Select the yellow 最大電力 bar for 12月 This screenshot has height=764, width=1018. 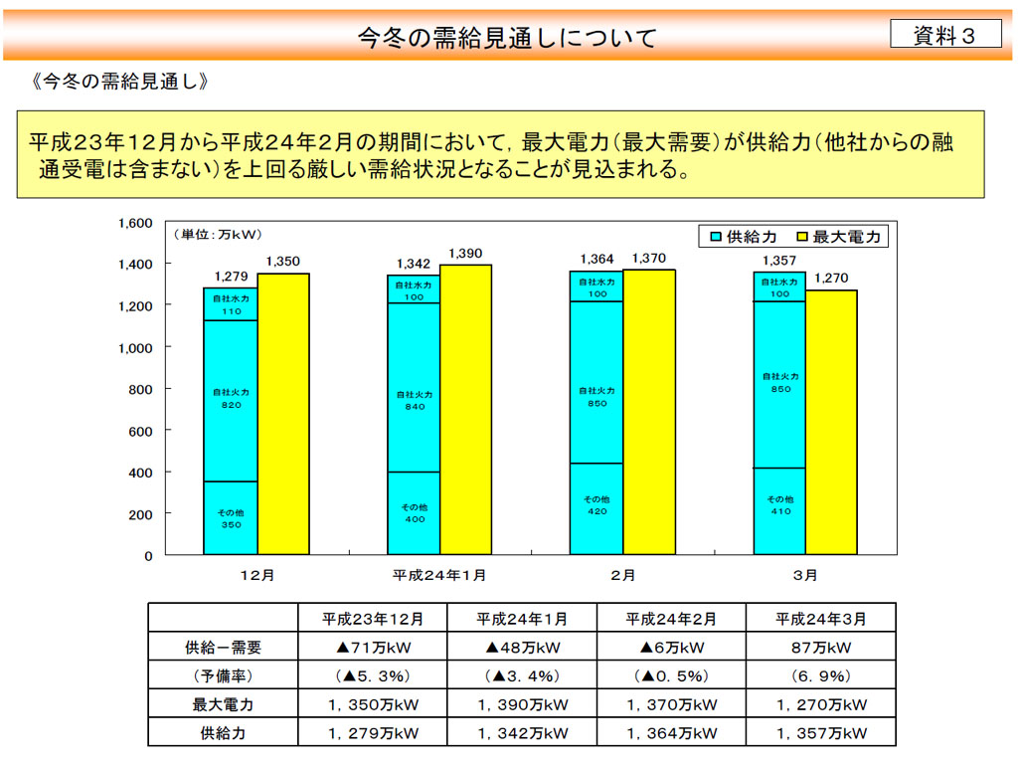coord(284,413)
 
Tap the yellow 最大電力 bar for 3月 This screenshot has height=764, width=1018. coord(831,422)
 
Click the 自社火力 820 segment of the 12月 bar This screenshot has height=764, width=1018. coord(231,400)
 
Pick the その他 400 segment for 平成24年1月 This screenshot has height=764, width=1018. coord(414,512)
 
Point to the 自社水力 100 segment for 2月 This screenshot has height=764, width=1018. coord(596,286)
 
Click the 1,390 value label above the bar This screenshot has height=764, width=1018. coord(465,254)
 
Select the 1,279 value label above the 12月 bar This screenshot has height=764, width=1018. coord(231,276)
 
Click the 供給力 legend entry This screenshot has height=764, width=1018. coord(744,237)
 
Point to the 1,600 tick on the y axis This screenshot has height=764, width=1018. coord(135,223)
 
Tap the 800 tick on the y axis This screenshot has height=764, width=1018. coord(141,389)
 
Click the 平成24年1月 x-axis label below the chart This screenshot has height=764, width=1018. coord(439,575)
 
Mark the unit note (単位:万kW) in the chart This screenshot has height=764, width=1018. coord(218,235)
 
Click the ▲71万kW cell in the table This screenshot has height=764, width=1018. coord(373,647)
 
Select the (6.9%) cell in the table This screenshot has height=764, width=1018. coord(820,675)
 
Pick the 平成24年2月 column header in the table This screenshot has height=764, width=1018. coord(671,618)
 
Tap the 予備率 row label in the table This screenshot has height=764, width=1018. coord(223,675)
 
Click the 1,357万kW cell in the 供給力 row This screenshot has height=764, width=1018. coord(820,733)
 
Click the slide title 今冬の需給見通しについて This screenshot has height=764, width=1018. coord(508,38)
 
